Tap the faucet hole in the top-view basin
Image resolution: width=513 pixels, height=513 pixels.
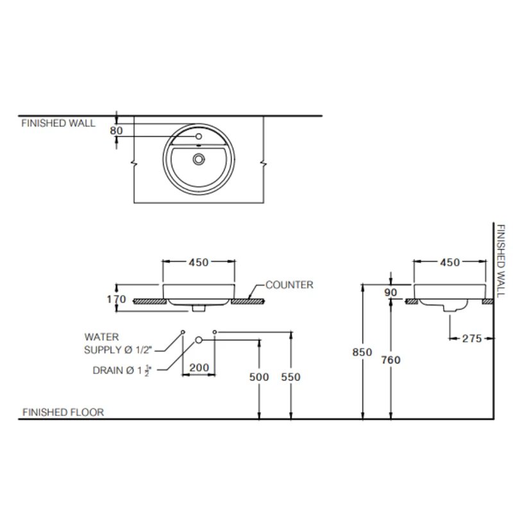199,137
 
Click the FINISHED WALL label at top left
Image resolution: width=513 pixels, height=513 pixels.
58,123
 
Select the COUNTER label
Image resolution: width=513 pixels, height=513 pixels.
289,285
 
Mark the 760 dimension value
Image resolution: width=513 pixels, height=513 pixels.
390,360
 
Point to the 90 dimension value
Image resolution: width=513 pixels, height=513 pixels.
391,292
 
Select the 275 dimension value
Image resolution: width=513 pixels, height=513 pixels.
471,339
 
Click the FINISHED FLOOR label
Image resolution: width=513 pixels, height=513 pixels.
63,412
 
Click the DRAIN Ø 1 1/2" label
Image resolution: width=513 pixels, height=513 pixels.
121,370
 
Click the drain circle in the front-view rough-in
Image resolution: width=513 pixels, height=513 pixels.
199,339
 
